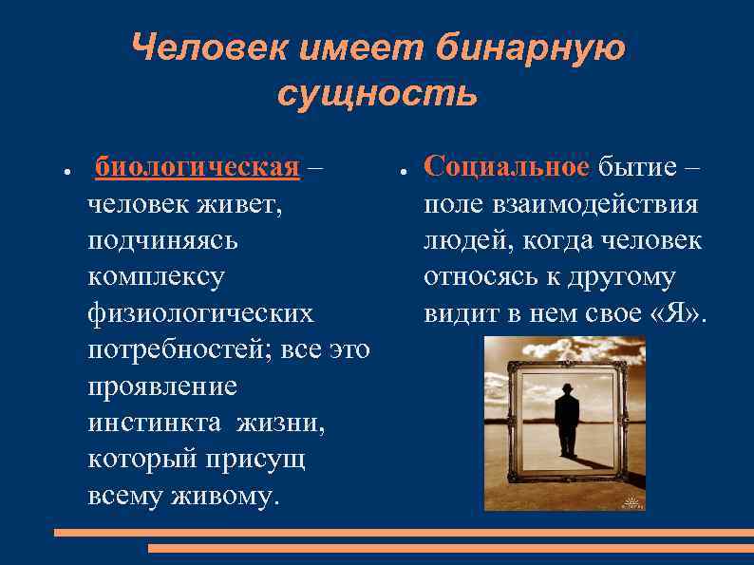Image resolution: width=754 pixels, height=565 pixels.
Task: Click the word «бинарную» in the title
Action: [x=533, y=47]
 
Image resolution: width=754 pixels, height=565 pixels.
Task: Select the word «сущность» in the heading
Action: [x=377, y=94]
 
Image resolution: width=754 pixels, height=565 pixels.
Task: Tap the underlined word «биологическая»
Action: [x=198, y=167]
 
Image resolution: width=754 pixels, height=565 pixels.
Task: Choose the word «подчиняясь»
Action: [x=162, y=240]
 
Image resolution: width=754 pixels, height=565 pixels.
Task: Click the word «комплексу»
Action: [x=156, y=277]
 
